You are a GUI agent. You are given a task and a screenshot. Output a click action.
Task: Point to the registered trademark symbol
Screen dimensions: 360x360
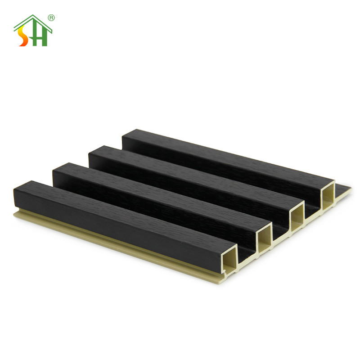(51, 18)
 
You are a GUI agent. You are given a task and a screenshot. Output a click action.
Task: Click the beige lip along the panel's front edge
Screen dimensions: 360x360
(135, 245)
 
